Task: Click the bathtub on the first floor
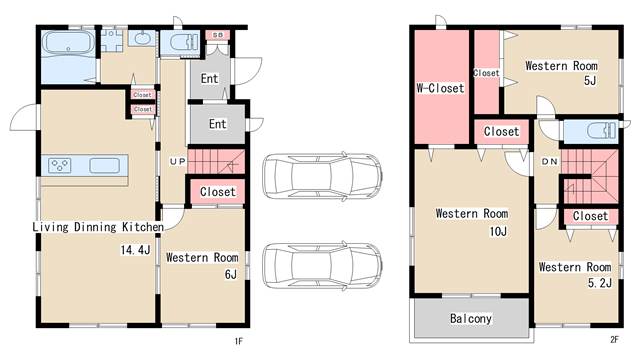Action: tap(68, 43)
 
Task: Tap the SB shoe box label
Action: tap(218, 35)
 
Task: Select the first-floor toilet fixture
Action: tap(183, 42)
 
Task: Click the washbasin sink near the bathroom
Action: tap(142, 38)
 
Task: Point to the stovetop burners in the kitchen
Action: tap(60, 165)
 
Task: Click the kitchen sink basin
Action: tap(104, 165)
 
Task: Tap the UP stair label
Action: tap(178, 162)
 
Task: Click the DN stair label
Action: tap(549, 162)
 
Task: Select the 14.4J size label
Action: tap(135, 249)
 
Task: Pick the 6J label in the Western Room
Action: tap(231, 274)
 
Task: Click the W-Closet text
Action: tap(440, 88)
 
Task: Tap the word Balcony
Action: tap(471, 318)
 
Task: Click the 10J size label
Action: tap(498, 232)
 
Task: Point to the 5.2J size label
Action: tap(600, 283)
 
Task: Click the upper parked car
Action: tap(322, 177)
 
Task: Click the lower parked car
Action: tap(322, 266)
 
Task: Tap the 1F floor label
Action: tap(239, 341)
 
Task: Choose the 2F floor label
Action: tap(614, 339)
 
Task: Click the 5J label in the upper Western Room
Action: tap(590, 80)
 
